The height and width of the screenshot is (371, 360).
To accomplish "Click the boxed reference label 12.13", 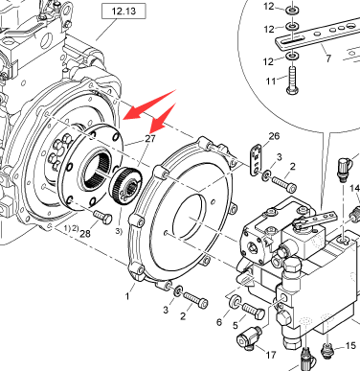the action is click(124, 12).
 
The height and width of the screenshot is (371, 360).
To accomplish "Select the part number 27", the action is click(150, 139).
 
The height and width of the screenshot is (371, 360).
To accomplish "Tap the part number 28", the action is click(85, 234).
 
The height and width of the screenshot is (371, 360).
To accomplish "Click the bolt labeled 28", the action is click(103, 218).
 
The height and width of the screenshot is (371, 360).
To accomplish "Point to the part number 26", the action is click(274, 136).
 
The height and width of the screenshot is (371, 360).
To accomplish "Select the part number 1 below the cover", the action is click(127, 296).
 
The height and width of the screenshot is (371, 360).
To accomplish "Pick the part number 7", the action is click(328, 58).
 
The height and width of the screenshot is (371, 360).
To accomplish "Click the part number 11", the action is click(271, 81).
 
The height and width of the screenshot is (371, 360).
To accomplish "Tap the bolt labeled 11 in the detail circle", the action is click(292, 81).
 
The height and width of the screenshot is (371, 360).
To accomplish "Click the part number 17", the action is click(271, 355).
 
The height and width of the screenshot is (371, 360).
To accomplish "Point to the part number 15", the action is click(350, 346).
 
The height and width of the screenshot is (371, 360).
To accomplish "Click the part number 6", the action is click(218, 322).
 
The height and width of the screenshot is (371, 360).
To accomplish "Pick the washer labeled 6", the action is click(236, 301).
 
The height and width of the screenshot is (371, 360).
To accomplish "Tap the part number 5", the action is click(236, 326).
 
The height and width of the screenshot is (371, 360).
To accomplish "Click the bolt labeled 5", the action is click(254, 312).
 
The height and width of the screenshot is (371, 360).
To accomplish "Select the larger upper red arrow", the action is click(149, 104).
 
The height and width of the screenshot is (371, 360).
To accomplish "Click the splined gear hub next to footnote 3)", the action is click(125, 186).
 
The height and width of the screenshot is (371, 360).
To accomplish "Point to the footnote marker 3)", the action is click(119, 231).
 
